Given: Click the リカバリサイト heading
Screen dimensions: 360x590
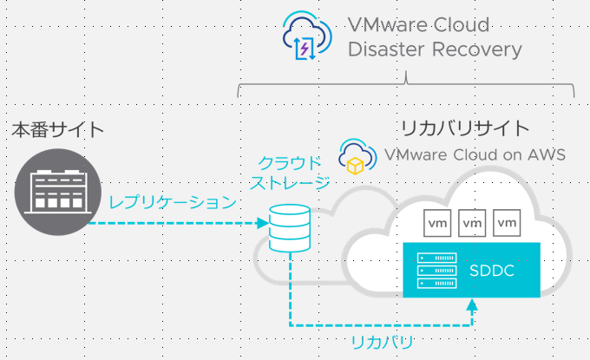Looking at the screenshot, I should point(464,128).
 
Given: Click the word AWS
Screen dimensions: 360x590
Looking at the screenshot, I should point(546,156).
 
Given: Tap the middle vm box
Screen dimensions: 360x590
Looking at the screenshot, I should point(472,222).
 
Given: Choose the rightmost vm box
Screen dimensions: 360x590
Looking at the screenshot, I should point(507,222).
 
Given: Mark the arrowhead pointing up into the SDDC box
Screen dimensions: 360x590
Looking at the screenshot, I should point(472,304).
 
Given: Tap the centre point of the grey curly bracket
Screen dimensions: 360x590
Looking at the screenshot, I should point(406,80).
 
